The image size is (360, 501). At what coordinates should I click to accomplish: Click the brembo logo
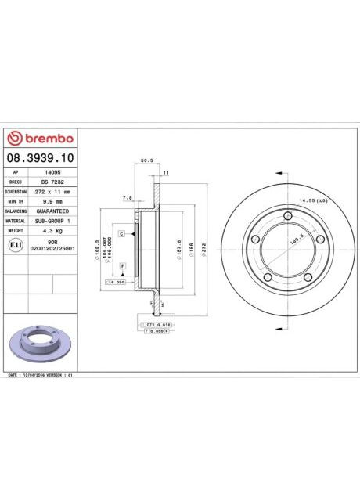coord(40,139)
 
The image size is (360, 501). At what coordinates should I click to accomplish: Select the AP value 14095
coord(53,171)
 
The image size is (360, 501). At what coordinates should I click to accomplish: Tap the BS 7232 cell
coord(53,181)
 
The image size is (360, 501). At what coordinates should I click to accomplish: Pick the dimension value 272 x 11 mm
coord(53,191)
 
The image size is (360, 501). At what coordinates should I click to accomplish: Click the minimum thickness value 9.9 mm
coord(53,201)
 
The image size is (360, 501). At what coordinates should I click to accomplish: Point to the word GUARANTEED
coord(53,211)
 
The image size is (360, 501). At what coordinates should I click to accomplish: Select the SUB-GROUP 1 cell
coord(53,222)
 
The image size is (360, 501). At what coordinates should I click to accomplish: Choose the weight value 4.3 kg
coord(53,232)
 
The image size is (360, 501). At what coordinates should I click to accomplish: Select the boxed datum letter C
coord(122,234)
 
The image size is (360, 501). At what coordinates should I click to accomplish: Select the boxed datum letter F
coord(123,267)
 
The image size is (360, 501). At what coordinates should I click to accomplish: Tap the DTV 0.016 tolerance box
coord(159,323)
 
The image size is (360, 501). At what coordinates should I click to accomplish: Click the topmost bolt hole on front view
coord(290,216)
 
